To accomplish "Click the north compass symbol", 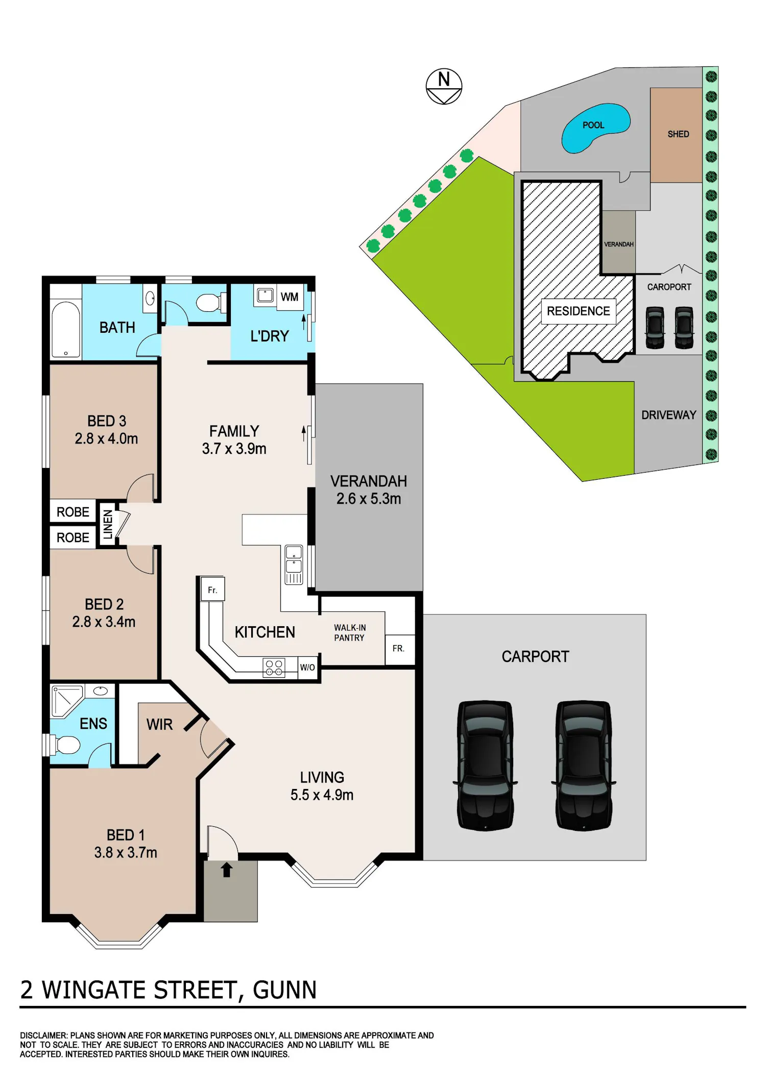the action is (x=444, y=86).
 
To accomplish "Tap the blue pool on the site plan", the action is (x=595, y=128).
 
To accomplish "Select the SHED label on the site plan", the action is (x=678, y=134).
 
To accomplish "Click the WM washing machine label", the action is (x=290, y=297).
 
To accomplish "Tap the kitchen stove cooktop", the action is (x=274, y=668).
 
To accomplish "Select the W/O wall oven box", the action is (x=307, y=668).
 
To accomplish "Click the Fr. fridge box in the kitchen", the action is (x=212, y=590).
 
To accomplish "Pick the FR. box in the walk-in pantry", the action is (x=399, y=649).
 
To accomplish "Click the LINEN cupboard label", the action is (x=108, y=525).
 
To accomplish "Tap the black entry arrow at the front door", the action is (x=227, y=870).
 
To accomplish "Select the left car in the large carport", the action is (x=485, y=765).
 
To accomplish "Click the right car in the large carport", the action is (x=584, y=765).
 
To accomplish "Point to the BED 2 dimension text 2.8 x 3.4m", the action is (x=104, y=622).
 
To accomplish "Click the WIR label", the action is (x=159, y=725).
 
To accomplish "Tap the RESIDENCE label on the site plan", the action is (x=579, y=311).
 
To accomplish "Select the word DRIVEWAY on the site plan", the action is (x=669, y=415).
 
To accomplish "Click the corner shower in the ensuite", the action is (x=67, y=701).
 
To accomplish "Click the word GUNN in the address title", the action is (x=285, y=990).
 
